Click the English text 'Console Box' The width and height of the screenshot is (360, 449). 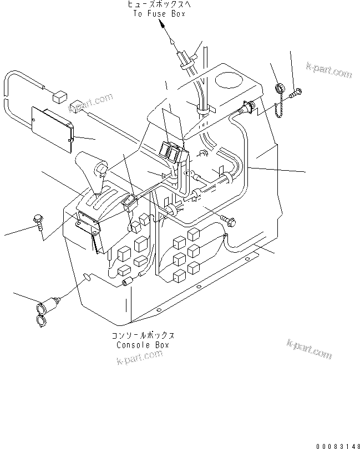(143, 344)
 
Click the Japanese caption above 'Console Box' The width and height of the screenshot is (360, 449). (143, 336)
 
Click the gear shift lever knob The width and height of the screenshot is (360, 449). (101, 168)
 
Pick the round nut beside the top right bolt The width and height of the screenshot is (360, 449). (281, 88)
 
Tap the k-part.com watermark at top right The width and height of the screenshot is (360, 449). (329, 69)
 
